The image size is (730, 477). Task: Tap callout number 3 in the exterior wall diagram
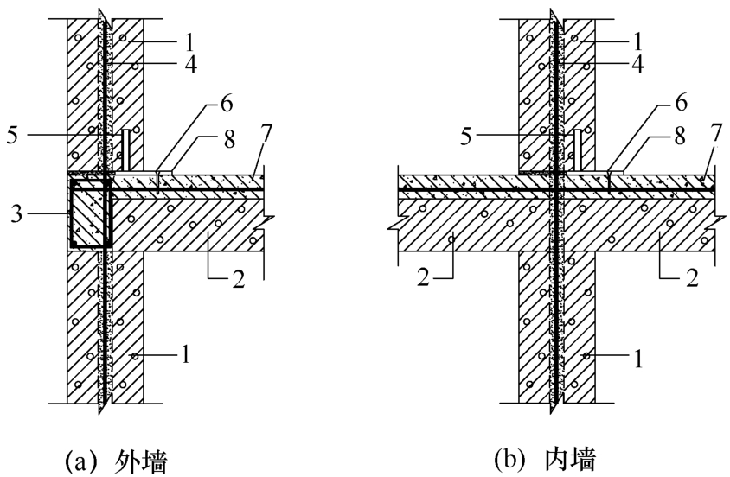(x=16, y=214)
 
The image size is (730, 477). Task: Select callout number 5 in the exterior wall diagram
(x=13, y=135)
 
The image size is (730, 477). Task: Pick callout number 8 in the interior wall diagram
(x=680, y=136)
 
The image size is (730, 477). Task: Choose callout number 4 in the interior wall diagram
(x=637, y=65)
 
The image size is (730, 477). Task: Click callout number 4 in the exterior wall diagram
(x=190, y=65)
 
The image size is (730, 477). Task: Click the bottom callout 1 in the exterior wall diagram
(x=186, y=355)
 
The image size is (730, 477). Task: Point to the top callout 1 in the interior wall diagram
(x=637, y=41)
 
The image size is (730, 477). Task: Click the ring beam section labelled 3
(x=90, y=213)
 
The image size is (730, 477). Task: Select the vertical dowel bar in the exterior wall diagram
(x=125, y=149)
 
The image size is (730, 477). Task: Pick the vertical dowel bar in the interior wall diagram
(x=577, y=149)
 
